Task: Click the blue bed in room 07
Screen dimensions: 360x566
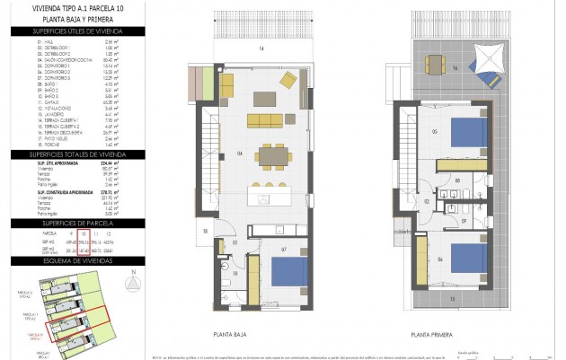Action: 289,272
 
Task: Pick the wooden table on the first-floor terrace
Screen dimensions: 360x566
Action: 435,63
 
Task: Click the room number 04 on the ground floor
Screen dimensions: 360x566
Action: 239,154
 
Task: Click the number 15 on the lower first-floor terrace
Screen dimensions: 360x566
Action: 452,297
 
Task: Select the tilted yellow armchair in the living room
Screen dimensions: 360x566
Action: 288,81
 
